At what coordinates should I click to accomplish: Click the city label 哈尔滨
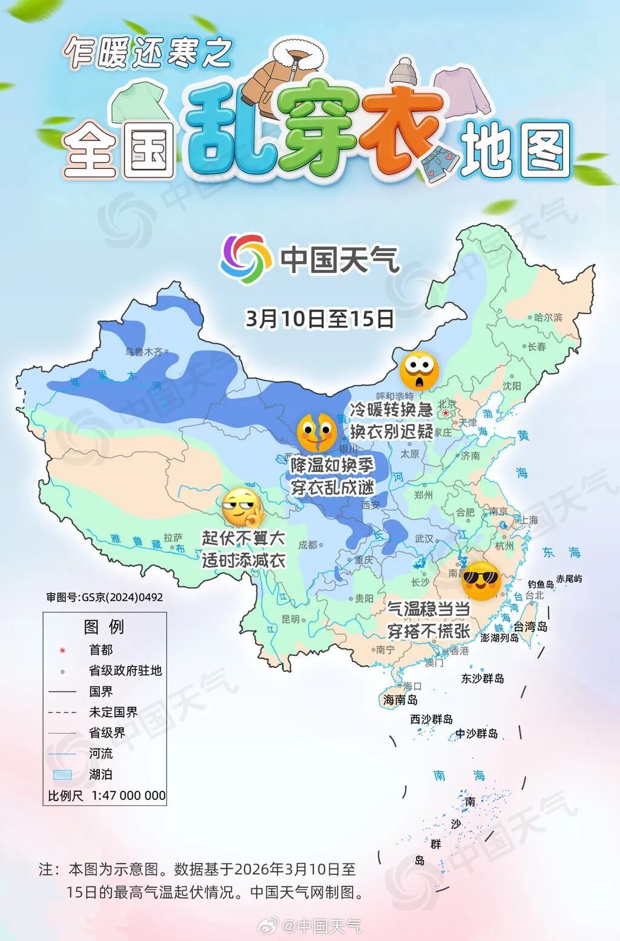click(x=548, y=317)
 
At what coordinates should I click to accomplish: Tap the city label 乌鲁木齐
click(x=144, y=352)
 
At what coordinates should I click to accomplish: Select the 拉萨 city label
click(x=173, y=537)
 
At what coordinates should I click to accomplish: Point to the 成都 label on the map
click(x=308, y=545)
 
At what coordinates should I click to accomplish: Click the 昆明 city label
click(x=291, y=619)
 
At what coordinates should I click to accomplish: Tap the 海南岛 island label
click(x=400, y=700)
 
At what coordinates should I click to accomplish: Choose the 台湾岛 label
click(x=530, y=626)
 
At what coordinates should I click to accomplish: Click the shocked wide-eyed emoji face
click(x=419, y=370)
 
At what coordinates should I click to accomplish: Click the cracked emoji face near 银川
click(x=316, y=432)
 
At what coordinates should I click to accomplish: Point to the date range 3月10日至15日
click(x=319, y=318)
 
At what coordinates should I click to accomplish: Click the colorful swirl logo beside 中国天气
click(x=246, y=259)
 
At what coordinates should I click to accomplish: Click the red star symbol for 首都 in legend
click(x=62, y=650)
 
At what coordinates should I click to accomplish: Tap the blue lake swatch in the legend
click(x=62, y=775)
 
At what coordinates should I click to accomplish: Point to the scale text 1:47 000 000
click(x=128, y=795)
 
